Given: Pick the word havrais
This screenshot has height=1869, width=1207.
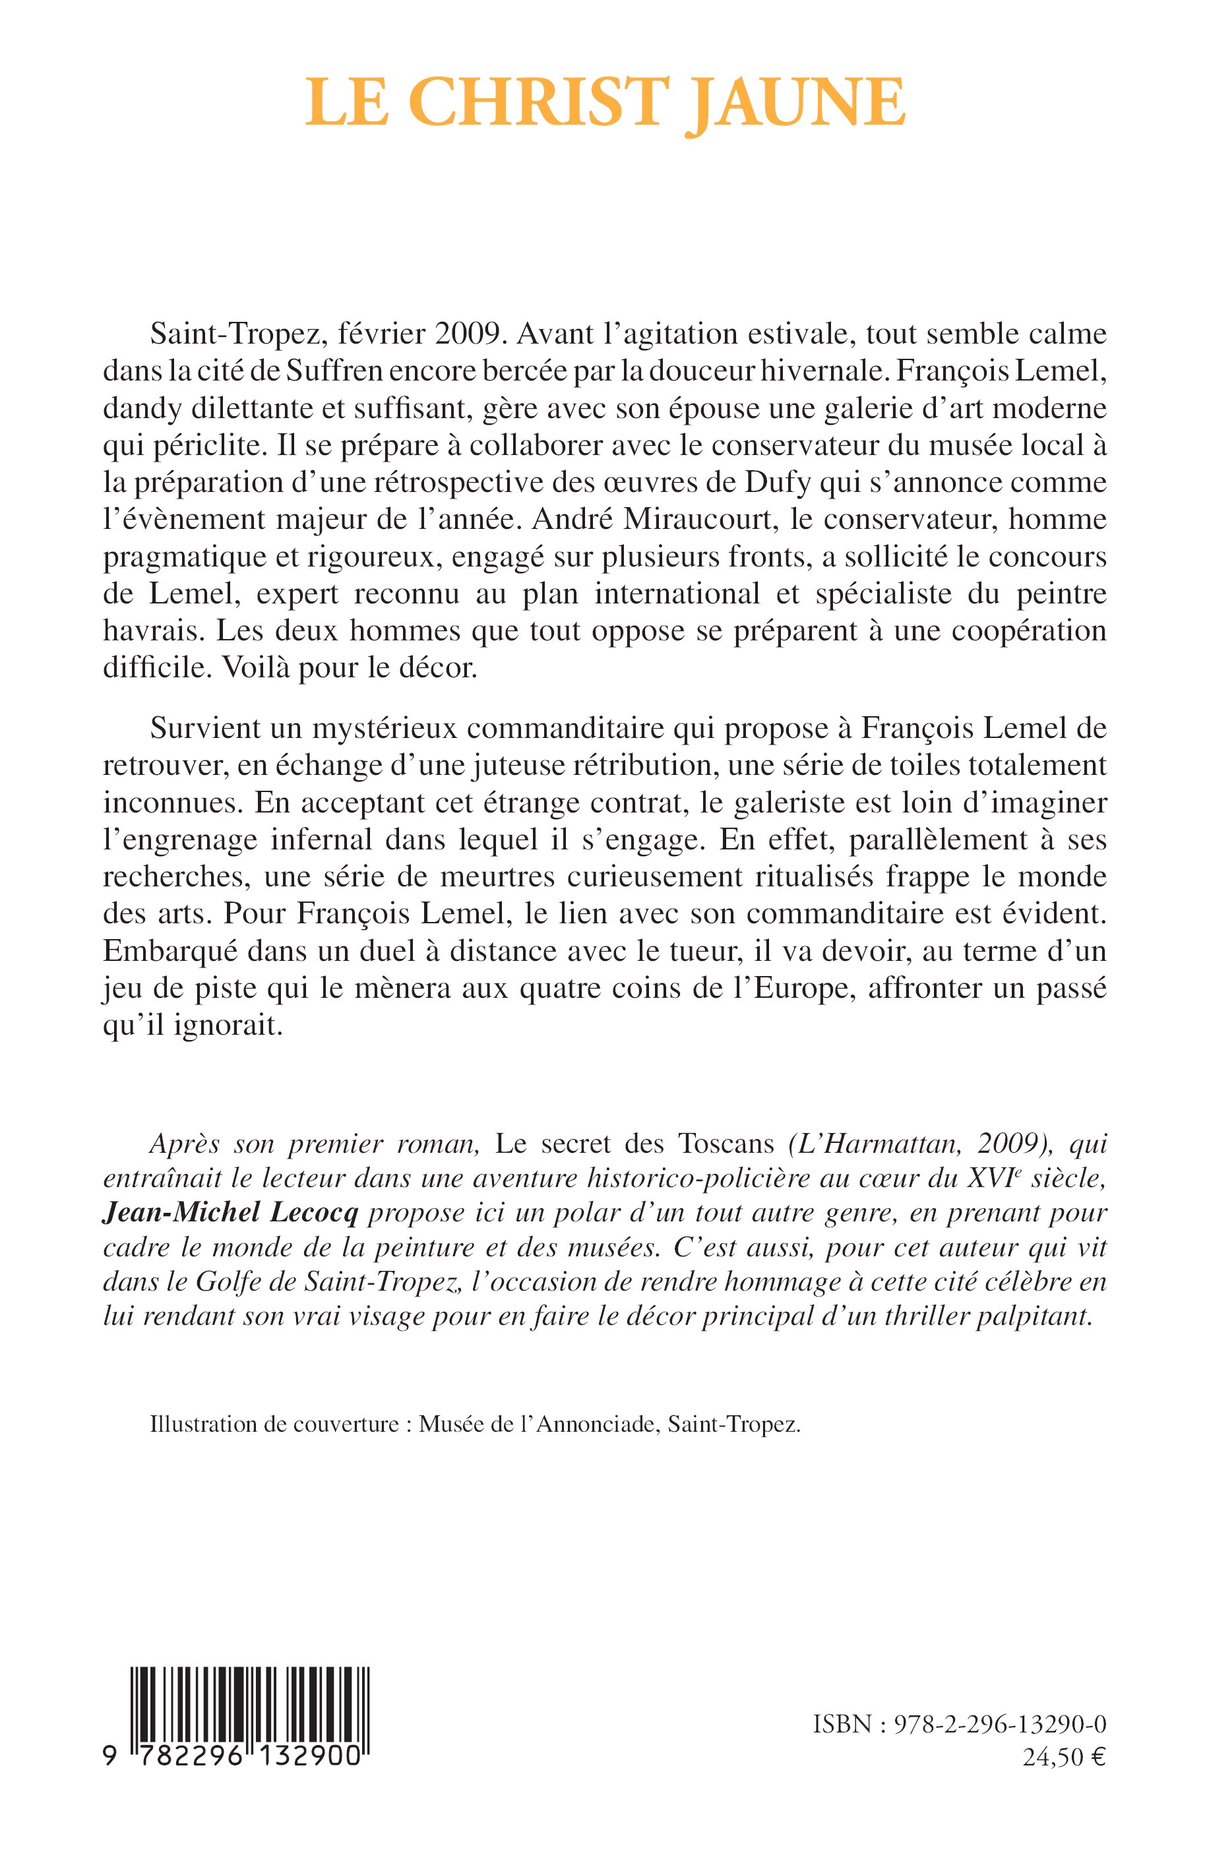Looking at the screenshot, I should point(147,631).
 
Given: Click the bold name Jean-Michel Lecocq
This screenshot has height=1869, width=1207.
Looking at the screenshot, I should point(230,1213).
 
